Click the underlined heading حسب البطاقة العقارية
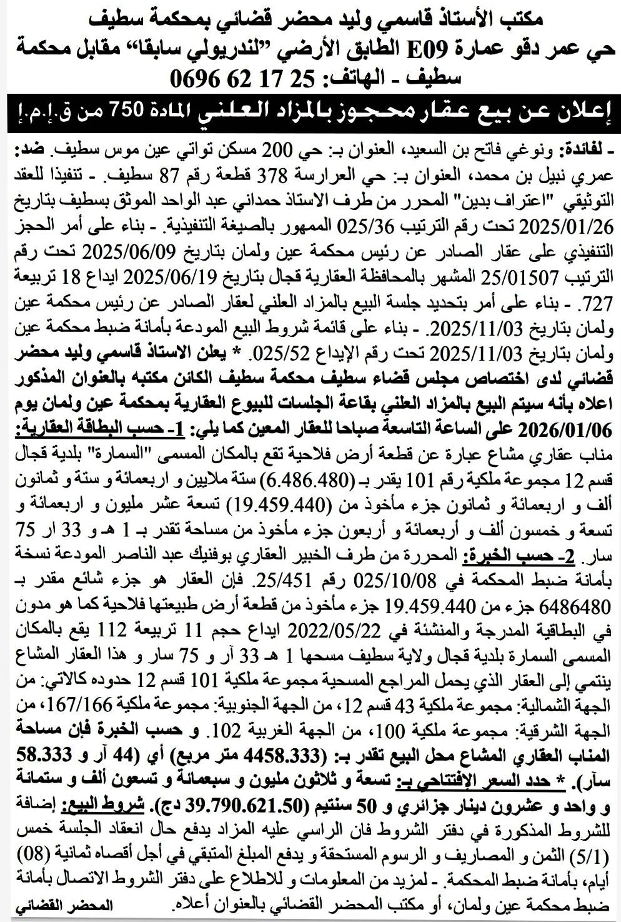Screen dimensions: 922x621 [x=79, y=431]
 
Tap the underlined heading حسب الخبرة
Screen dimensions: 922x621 [x=515, y=554]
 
